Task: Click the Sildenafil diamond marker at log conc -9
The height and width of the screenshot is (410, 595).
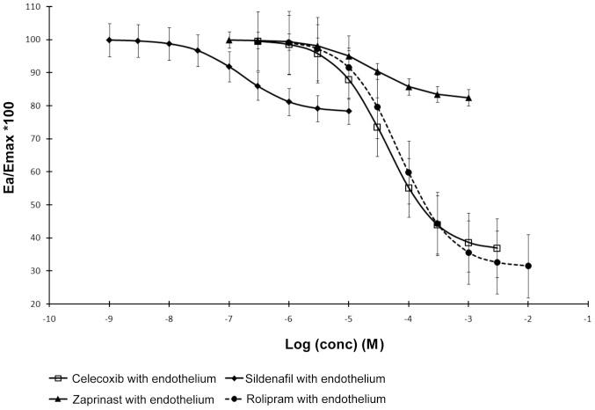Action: [109, 40]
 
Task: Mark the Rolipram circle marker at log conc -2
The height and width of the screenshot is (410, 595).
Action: [528, 266]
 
